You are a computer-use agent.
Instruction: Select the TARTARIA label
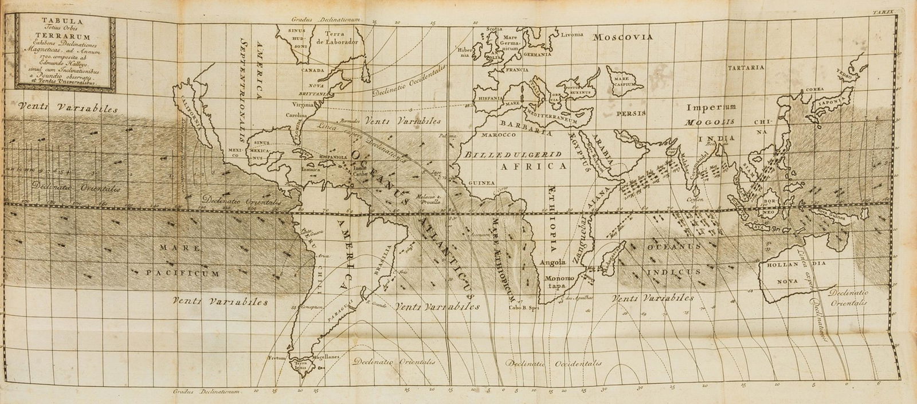coord(746,68)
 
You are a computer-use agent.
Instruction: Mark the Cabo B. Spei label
coord(521,306)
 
